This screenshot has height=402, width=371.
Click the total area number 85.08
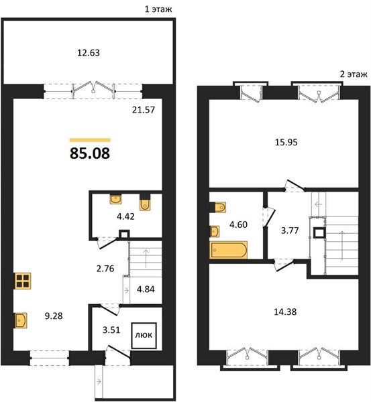[90, 153]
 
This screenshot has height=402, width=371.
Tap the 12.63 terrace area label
[89, 53]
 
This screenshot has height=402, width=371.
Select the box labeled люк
[144, 336]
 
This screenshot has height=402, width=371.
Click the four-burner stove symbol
[22, 281]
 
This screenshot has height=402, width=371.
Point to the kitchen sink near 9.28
[21, 320]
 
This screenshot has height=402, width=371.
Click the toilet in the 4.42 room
[145, 202]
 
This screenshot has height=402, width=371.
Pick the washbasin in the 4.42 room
[115, 199]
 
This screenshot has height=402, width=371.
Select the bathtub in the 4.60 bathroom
[229, 250]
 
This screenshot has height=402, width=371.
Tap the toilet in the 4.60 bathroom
[218, 207]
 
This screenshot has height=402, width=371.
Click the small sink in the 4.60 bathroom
[215, 232]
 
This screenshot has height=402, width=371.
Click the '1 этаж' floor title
[158, 9]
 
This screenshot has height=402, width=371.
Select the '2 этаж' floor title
[354, 74]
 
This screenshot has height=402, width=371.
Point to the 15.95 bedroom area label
[286, 142]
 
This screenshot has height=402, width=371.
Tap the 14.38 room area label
[285, 312]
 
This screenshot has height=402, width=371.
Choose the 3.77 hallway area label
[290, 230]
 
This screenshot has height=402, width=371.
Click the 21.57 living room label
[144, 110]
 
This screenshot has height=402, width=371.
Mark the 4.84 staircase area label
[146, 289]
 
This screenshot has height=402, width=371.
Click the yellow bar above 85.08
[90, 140]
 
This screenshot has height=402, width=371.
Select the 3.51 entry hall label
[111, 330]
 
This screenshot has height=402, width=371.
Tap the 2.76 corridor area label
[105, 269]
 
